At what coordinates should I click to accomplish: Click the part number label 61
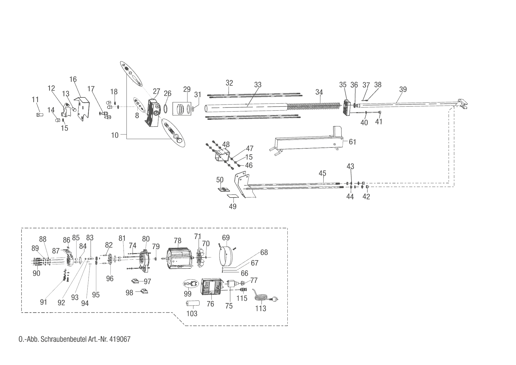click(x=352, y=142)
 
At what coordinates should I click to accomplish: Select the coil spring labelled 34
click(x=315, y=106)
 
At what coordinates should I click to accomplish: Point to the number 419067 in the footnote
click(x=120, y=339)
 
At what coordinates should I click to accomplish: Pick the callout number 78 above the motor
click(x=178, y=241)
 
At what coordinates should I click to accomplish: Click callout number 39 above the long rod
click(x=403, y=89)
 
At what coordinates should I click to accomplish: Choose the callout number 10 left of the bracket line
click(x=115, y=135)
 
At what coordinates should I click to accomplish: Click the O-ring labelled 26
click(x=166, y=108)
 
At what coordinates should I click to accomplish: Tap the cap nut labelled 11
click(x=39, y=114)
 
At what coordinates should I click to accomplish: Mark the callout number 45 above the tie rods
click(x=323, y=173)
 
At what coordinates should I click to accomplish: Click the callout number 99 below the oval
click(x=187, y=294)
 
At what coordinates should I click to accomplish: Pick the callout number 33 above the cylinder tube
click(x=258, y=85)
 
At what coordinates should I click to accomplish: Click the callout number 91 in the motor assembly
click(x=44, y=302)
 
